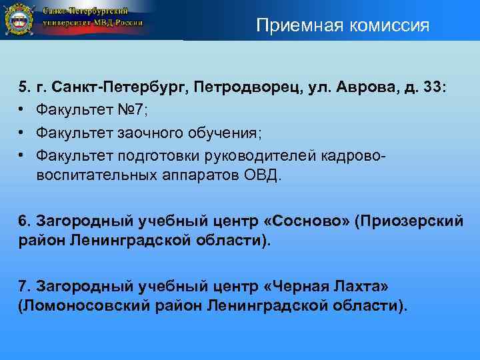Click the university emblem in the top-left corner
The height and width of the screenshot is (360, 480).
(x=19, y=20)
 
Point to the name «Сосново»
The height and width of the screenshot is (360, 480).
(x=309, y=221)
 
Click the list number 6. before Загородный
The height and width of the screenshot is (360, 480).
(x=24, y=221)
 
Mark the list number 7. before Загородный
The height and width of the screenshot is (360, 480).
(x=24, y=286)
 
